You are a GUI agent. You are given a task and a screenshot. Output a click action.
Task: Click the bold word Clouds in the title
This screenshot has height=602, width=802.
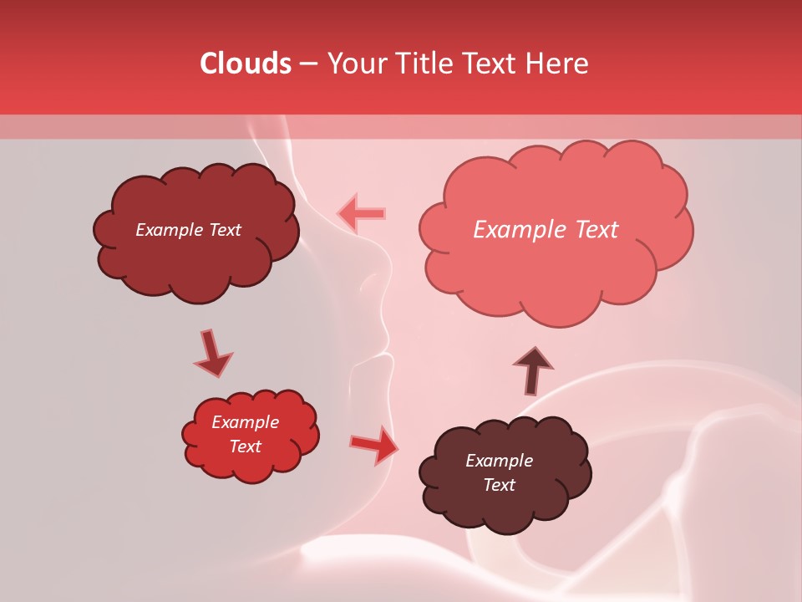pyautogui.click(x=246, y=64)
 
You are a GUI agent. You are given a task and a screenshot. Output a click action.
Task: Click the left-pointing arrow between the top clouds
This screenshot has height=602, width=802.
pyautogui.click(x=362, y=213)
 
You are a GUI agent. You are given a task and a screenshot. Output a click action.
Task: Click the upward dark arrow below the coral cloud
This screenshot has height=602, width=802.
pyautogui.click(x=533, y=370)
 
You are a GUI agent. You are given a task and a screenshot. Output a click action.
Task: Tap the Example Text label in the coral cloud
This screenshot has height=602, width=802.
pyautogui.click(x=546, y=230)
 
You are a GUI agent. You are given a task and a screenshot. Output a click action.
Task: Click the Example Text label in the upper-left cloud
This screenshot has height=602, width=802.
pyautogui.click(x=188, y=230)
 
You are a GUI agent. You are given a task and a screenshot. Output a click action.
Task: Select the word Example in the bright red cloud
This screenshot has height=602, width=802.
pyautogui.click(x=245, y=422)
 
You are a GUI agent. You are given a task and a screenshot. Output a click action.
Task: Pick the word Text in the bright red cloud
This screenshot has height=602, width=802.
pyautogui.click(x=245, y=446)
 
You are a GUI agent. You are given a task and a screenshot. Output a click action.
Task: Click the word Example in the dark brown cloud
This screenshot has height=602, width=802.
pyautogui.click(x=499, y=461)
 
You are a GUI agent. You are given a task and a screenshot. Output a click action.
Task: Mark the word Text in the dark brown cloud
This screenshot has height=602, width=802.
pyautogui.click(x=499, y=485)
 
